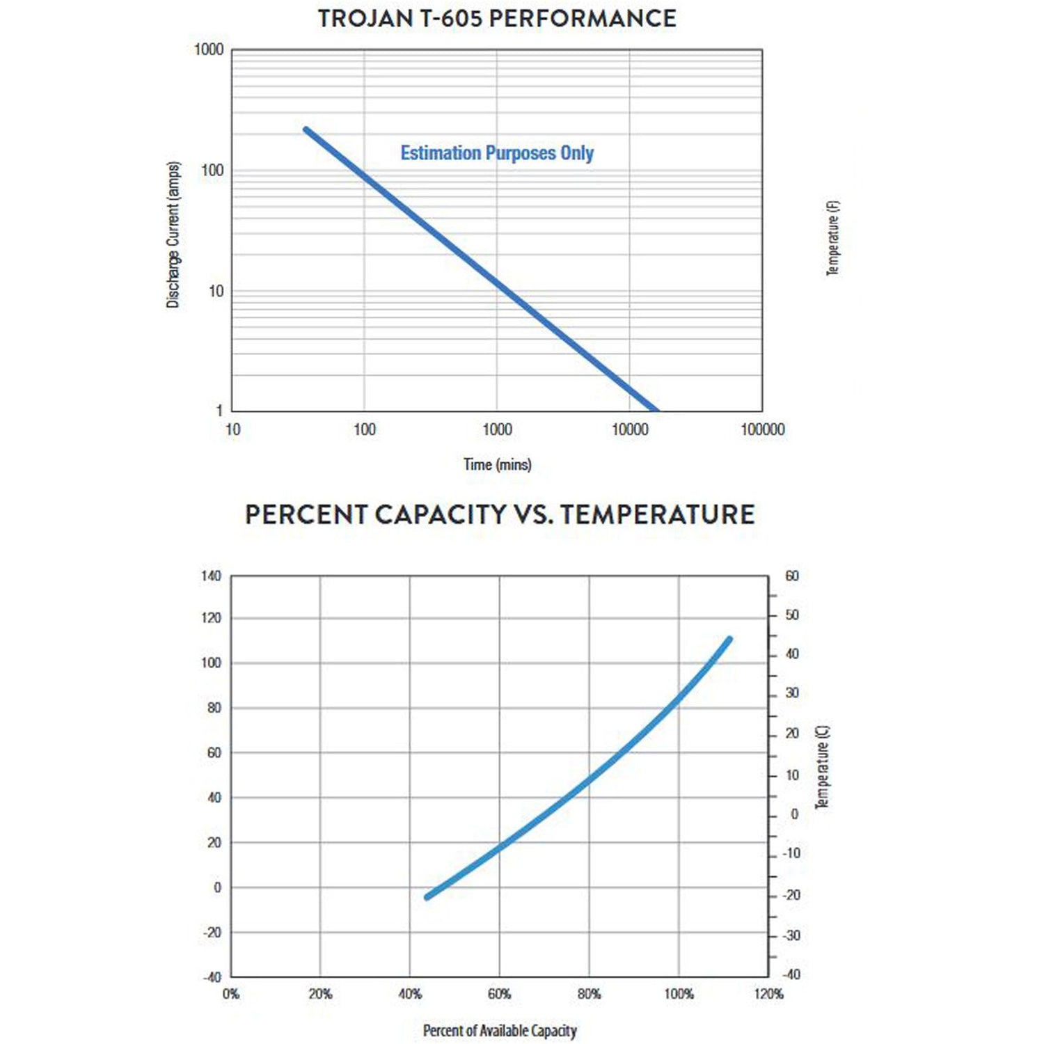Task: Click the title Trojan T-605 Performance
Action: coord(497,19)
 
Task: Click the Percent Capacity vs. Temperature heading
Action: coord(500,515)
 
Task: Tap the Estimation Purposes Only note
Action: coord(497,153)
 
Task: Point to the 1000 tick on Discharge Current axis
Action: coord(209,49)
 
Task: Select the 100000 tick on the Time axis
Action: coord(762,429)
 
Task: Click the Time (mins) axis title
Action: coord(498,464)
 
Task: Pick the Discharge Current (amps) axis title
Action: coord(173,235)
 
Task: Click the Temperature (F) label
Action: coord(833,238)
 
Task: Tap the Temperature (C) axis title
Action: coord(822,766)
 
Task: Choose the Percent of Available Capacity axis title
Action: coord(500,1031)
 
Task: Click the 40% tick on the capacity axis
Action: coord(410,994)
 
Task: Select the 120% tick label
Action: coord(768,994)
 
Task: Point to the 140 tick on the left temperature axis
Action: coord(211,576)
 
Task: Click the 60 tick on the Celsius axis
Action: coord(792,576)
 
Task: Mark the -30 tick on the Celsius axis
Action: coord(791,935)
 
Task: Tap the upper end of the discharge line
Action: coord(306,129)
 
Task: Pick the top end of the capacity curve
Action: coord(729,638)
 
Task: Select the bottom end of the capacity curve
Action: coord(427,898)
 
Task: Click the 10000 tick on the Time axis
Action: coord(630,429)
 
